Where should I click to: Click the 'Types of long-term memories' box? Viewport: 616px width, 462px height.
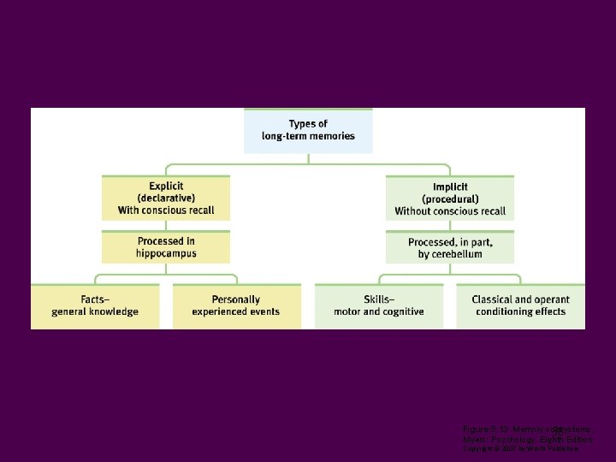click(x=308, y=131)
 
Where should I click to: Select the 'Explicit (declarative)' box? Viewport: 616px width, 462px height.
click(x=166, y=198)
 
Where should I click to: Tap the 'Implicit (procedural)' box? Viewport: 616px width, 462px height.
click(x=450, y=198)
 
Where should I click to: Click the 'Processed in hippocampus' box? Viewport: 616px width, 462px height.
click(x=166, y=247)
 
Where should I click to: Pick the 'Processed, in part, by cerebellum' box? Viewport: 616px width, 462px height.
click(x=450, y=248)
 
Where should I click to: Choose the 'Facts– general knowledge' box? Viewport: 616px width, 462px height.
click(x=95, y=305)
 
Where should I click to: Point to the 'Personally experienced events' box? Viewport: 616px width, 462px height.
click(x=236, y=305)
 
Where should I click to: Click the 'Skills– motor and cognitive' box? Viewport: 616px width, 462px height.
click(x=379, y=305)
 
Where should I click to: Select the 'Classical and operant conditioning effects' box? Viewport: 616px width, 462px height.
click(x=520, y=305)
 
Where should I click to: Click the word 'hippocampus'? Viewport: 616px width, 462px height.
click(x=166, y=253)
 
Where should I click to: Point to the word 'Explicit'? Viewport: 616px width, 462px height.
click(x=166, y=187)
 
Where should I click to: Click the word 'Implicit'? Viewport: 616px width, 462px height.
click(x=450, y=187)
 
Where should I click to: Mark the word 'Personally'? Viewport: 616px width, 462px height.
click(x=236, y=299)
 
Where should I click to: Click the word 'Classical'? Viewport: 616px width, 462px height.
click(x=494, y=299)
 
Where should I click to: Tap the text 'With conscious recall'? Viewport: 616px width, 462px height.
click(x=166, y=210)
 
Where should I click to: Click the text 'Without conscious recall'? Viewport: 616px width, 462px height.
click(x=450, y=211)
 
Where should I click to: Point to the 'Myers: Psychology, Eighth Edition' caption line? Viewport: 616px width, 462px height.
click(x=526, y=439)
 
